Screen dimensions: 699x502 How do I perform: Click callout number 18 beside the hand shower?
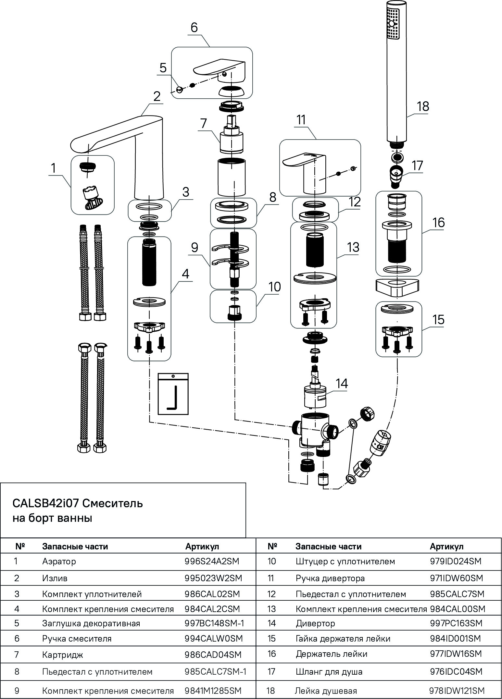click(x=423, y=106)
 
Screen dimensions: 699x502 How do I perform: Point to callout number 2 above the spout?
click(x=157, y=96)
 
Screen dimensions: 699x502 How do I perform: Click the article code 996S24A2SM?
click(x=213, y=561)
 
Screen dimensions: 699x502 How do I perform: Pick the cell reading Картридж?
click(x=63, y=655)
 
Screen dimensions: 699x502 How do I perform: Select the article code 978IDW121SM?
click(x=457, y=691)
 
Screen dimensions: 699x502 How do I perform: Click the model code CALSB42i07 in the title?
click(x=45, y=503)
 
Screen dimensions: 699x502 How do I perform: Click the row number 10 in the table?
click(x=271, y=561)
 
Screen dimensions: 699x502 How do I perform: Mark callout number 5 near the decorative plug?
click(x=163, y=68)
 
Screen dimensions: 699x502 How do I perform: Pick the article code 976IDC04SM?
click(x=455, y=671)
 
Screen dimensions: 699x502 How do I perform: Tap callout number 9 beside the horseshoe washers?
click(x=194, y=248)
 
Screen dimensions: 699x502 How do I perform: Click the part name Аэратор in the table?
click(x=59, y=561)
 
